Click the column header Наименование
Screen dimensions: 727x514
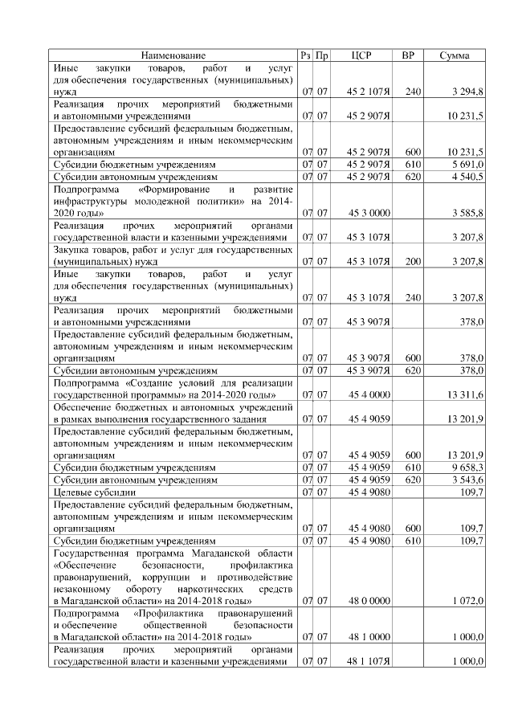(173, 55)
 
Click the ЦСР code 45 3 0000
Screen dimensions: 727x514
(369, 214)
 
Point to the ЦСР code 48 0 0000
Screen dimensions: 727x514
(369, 600)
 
